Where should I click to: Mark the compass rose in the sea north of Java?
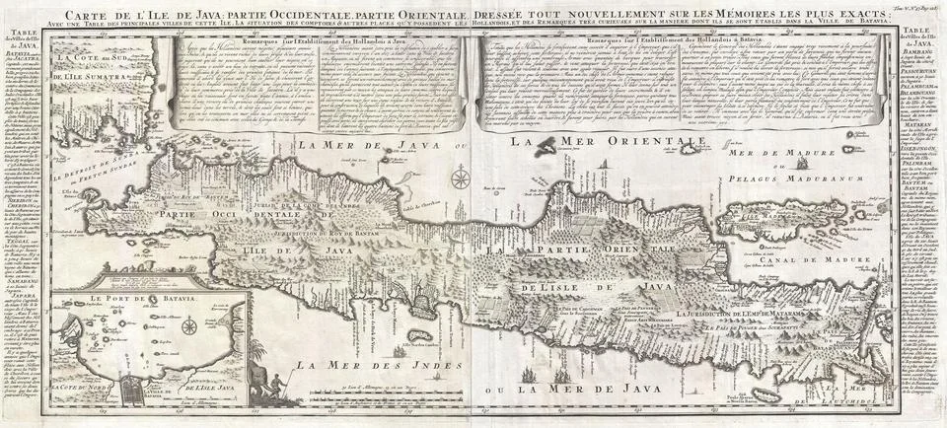[461, 179]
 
